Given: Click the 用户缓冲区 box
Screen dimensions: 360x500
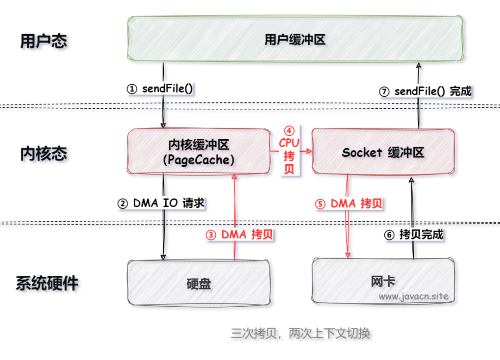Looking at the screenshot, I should [x=295, y=39].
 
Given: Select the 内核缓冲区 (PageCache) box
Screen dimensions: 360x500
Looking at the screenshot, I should [x=199, y=152].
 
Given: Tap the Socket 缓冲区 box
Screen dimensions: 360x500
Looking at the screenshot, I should [x=383, y=152].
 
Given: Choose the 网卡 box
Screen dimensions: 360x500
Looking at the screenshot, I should [x=383, y=280].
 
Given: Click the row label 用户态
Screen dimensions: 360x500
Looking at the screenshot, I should [x=44, y=41].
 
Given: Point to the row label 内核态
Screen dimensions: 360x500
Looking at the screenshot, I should [x=44, y=154].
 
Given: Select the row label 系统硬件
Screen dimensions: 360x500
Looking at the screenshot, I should [x=47, y=283].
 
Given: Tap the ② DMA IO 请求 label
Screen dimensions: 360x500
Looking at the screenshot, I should [x=161, y=203].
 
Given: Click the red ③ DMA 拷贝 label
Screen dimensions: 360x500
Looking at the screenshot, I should [x=239, y=235].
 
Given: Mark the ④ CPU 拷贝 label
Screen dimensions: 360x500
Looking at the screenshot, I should [x=289, y=150].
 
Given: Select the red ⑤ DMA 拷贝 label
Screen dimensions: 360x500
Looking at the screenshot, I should [x=350, y=204].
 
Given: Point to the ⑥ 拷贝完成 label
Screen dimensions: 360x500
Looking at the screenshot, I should [x=414, y=235].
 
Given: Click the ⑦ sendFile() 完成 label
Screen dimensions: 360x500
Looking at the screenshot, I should [x=425, y=91].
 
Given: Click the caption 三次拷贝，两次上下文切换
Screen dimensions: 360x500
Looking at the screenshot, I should [x=300, y=333].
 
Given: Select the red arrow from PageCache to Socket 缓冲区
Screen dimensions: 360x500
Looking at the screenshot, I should [x=306, y=151].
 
